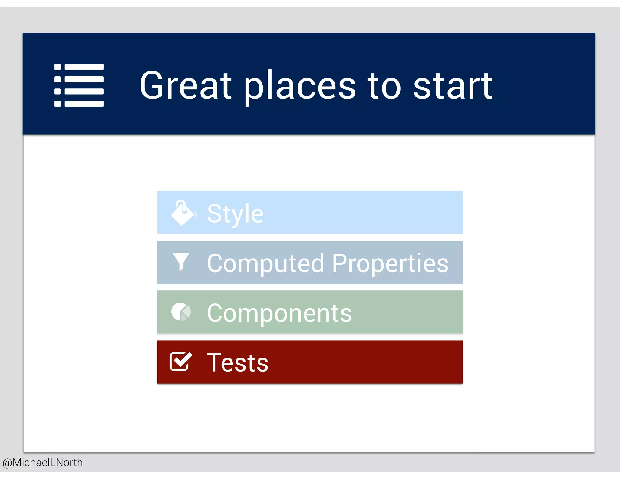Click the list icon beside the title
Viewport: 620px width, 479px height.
tap(79, 85)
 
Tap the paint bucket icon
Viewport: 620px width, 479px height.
tap(183, 213)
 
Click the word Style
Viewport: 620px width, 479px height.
tap(235, 214)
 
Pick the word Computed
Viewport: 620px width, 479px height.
tap(265, 263)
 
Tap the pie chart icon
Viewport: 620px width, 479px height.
tap(181, 312)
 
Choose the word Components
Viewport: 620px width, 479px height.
tap(279, 313)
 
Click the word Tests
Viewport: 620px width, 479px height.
tap(237, 362)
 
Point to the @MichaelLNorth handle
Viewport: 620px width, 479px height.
tap(43, 462)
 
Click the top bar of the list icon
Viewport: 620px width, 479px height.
tap(84, 67)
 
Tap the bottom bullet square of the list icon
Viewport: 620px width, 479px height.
tap(58, 104)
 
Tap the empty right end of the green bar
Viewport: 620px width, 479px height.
tap(424, 312)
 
